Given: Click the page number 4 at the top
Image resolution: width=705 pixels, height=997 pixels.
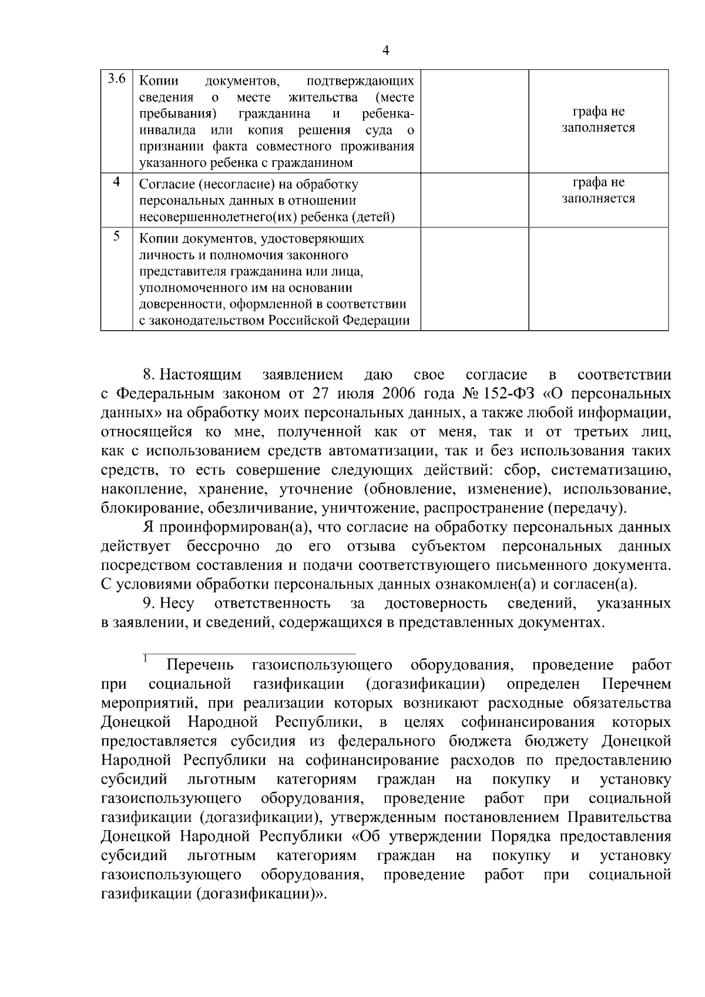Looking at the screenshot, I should tap(386, 51).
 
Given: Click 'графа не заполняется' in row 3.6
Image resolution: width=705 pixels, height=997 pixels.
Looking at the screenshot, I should tap(598, 120).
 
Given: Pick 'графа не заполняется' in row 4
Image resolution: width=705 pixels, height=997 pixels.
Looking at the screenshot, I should tap(598, 191).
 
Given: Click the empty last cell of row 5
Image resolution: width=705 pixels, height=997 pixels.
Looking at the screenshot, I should tap(598, 279).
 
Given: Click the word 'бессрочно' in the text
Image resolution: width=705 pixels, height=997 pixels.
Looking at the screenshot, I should tap(223, 546).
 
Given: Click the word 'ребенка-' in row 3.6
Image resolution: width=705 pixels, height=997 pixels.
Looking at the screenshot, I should tap(388, 113).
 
